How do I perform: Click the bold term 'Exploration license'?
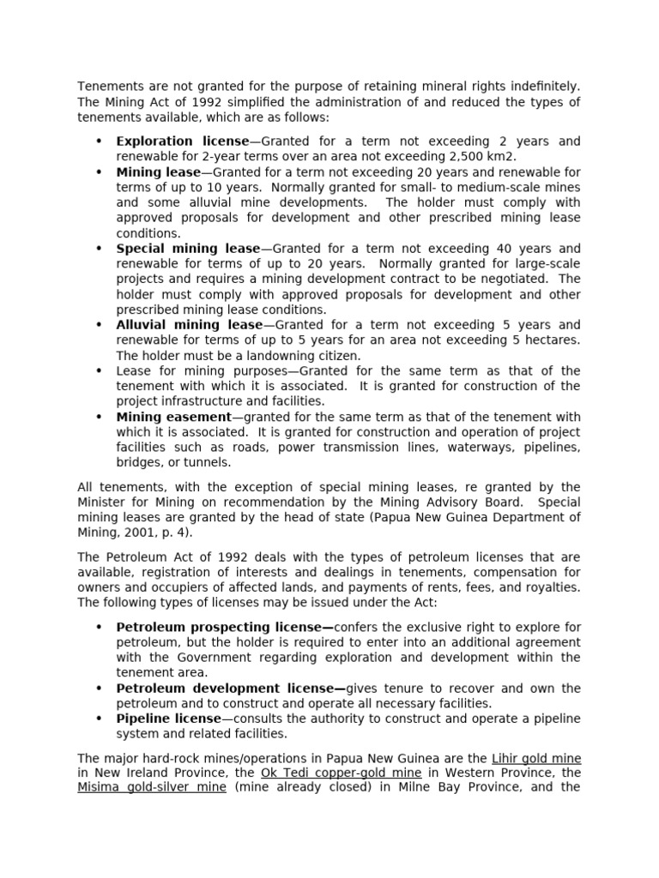click(182, 141)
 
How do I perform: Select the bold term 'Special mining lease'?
click(188, 248)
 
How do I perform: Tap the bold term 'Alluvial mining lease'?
click(190, 325)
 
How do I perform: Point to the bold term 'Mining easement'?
click(173, 417)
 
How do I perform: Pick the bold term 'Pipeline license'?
click(168, 719)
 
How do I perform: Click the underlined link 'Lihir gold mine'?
click(536, 759)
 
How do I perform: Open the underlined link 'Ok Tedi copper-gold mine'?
click(341, 773)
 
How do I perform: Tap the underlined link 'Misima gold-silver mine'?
click(152, 788)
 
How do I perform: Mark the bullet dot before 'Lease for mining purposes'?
click(99, 371)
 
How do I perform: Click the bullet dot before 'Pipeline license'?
click(99, 719)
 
